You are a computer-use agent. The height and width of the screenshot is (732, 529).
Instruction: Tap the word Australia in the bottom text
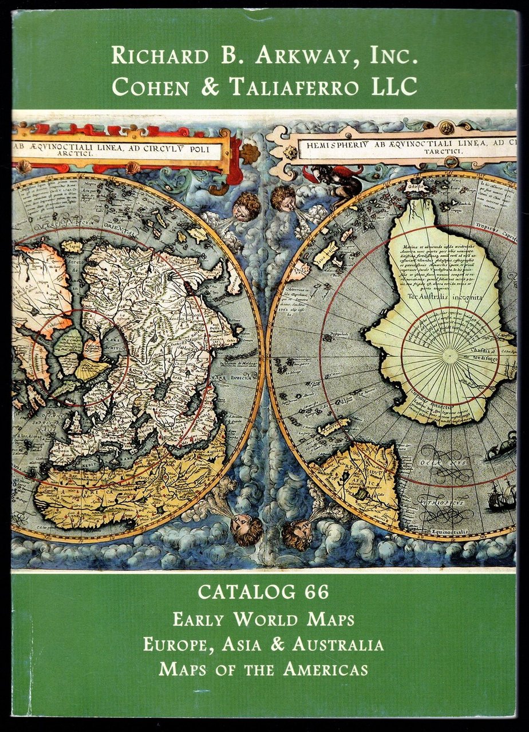(x=338, y=645)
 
